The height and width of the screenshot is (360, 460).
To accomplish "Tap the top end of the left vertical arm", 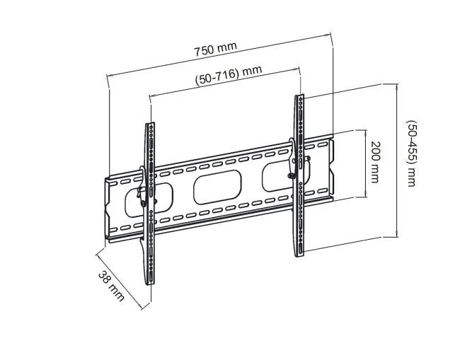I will pos(150,126).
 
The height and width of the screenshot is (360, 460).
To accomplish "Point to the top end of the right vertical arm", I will pos(299,97).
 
